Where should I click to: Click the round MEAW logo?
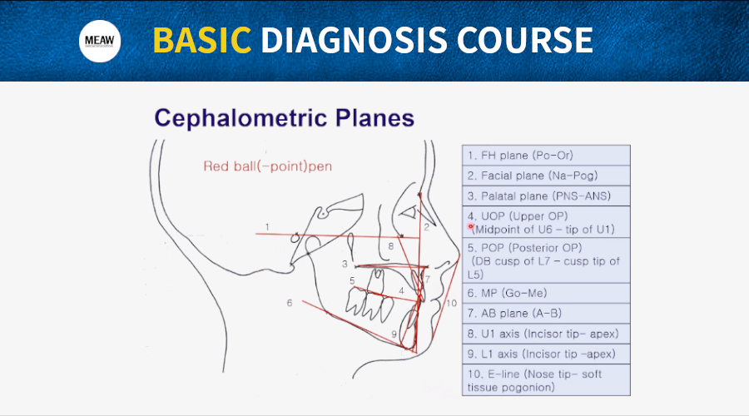click(100, 41)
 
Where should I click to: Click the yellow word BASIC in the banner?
click(201, 40)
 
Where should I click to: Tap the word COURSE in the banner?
click(524, 40)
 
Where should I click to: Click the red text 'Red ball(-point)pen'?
click(267, 166)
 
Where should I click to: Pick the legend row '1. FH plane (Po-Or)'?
click(546, 156)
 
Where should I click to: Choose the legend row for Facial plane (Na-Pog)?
click(546, 176)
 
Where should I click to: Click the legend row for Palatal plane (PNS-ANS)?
click(546, 196)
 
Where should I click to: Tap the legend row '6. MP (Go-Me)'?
click(546, 293)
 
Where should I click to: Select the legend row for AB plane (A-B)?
click(546, 314)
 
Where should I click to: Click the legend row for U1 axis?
click(546, 334)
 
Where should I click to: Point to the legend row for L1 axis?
click(546, 354)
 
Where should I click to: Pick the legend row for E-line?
click(546, 380)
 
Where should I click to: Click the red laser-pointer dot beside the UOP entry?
click(470, 227)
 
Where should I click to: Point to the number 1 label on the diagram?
click(267, 227)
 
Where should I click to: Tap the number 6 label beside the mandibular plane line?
click(290, 303)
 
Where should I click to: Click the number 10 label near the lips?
click(451, 304)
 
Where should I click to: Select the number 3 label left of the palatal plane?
click(345, 264)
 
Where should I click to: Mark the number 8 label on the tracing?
click(391, 246)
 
